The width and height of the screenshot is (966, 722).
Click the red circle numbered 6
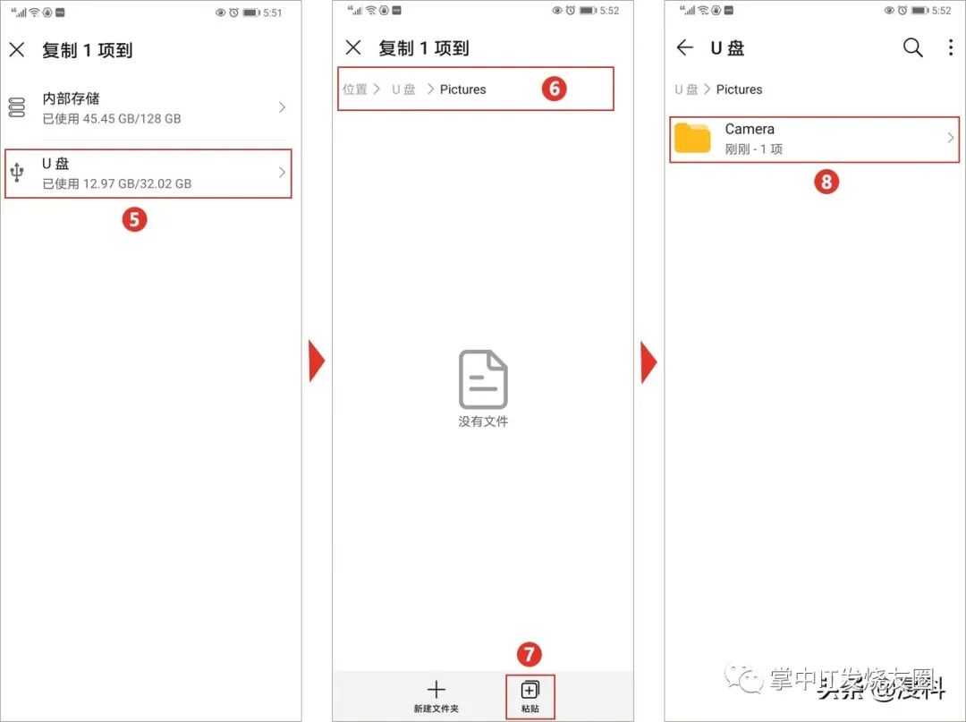click(x=555, y=89)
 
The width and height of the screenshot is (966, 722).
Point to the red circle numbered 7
click(x=529, y=654)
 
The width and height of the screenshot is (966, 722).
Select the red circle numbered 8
click(x=826, y=183)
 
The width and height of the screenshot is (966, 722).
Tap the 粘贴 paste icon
click(x=530, y=690)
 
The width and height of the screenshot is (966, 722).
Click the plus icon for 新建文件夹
click(x=436, y=690)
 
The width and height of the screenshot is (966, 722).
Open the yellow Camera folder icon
click(x=692, y=138)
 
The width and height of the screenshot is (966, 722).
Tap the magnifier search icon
click(x=912, y=48)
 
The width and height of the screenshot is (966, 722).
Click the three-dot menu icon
click(x=950, y=48)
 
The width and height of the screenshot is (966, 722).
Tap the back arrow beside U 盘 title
click(x=685, y=48)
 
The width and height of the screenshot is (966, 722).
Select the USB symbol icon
click(x=17, y=173)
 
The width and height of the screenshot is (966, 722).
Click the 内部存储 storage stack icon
click(x=17, y=107)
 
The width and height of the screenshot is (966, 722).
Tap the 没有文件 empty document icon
click(x=483, y=379)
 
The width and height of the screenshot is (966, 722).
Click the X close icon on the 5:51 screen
click(x=17, y=50)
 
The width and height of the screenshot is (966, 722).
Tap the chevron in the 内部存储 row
click(x=282, y=107)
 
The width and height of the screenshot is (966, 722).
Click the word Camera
click(x=750, y=129)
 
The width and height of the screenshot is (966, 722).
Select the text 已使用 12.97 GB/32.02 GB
click(x=117, y=183)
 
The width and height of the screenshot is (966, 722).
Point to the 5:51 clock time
click(x=273, y=12)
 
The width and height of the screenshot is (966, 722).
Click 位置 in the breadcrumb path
click(x=355, y=89)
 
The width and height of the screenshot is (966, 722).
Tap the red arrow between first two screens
click(x=317, y=361)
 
